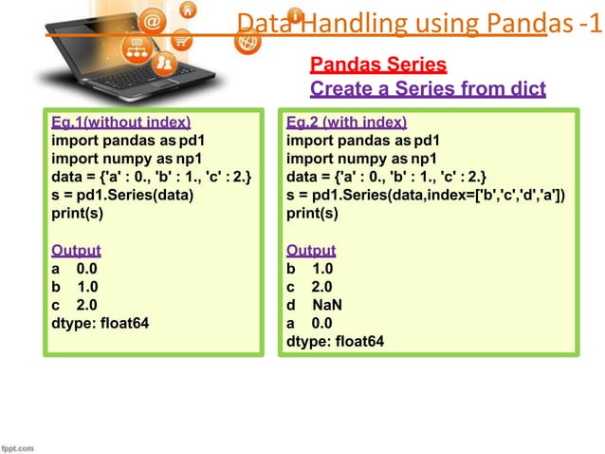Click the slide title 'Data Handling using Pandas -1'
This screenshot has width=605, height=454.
[418, 22]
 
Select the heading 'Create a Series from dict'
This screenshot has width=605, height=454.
[428, 89]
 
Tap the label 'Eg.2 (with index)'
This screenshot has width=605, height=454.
[347, 123]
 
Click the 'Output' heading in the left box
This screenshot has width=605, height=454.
[76, 251]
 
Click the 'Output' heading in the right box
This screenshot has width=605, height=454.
[311, 251]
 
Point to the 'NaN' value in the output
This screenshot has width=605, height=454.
[328, 305]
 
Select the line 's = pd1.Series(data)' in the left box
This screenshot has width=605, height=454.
[121, 196]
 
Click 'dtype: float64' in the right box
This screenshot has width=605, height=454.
[336, 341]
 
